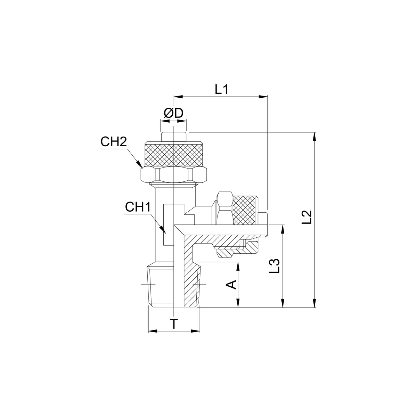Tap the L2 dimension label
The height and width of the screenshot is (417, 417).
click(x=306, y=217)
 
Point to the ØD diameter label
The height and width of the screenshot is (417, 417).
click(x=173, y=113)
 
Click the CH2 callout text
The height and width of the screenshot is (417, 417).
click(x=113, y=142)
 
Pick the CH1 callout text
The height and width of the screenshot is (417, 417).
click(x=138, y=207)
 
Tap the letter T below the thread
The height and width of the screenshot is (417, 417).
click(x=174, y=324)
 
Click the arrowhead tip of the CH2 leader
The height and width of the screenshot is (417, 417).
click(x=142, y=168)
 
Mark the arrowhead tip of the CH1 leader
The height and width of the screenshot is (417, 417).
click(x=166, y=234)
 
